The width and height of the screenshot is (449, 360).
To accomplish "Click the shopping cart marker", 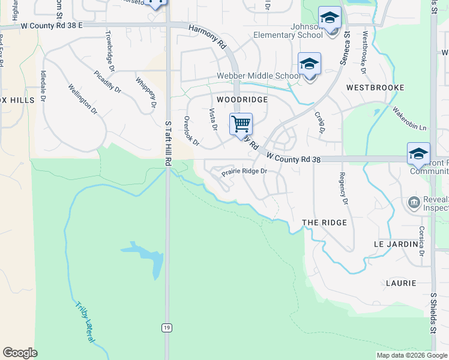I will [x=241, y=124].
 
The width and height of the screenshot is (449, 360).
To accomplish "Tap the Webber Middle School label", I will [x=259, y=76].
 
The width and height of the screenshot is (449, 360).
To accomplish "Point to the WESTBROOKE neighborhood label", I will [x=375, y=88].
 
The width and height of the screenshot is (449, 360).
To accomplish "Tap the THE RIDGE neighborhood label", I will [x=324, y=223].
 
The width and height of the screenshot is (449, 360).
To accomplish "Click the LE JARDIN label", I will [x=395, y=245].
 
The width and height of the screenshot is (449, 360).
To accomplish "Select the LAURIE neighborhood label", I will [x=401, y=283].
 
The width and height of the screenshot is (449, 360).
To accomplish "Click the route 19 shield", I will [x=166, y=327].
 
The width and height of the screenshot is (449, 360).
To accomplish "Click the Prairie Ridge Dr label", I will [x=244, y=172].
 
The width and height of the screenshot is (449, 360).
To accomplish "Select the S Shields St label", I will [x=433, y=313].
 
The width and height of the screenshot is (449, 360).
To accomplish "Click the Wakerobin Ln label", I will [x=409, y=119].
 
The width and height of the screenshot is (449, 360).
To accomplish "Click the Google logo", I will [x=20, y=353].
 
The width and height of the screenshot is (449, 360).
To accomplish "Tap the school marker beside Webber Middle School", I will [x=309, y=64].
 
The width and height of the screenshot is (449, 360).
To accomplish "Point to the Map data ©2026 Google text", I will [x=411, y=355].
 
